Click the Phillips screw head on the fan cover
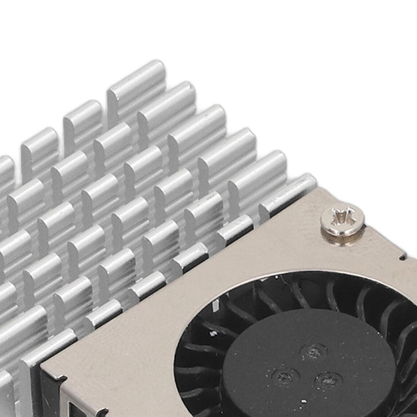click(342, 220)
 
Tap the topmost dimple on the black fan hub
click(314, 352)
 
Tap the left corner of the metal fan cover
click(44, 371)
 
